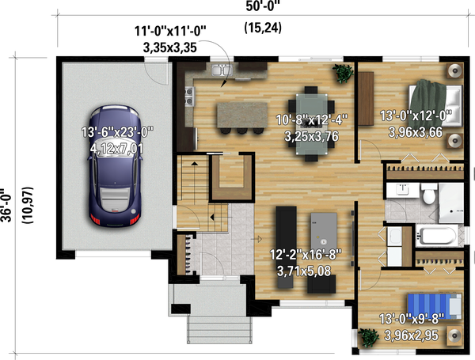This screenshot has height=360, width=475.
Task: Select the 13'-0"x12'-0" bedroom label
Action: point(415,123)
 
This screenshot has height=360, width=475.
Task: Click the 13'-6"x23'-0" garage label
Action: point(116,139)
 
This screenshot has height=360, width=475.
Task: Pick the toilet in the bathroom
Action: point(428,194)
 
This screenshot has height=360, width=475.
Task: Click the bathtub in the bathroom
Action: point(434,235)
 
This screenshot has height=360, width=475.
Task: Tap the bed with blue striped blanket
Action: point(431,305)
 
